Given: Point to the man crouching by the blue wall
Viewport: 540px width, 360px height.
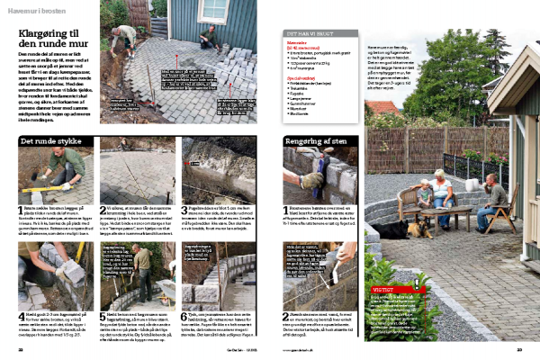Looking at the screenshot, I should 209,38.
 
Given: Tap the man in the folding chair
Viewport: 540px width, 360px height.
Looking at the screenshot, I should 495,201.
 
